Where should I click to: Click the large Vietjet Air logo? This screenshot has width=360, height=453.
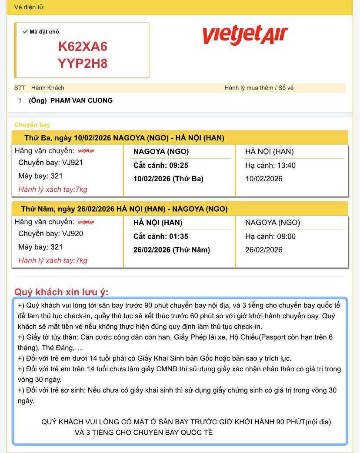tap(245, 35)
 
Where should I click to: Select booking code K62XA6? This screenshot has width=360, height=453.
tap(83, 47)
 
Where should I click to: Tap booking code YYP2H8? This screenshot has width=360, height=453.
tap(83, 63)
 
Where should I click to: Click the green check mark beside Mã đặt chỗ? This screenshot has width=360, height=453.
tap(25, 32)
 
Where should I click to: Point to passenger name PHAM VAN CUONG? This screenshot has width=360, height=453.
tap(81, 100)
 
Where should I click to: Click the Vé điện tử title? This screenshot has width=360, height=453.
tap(29, 7)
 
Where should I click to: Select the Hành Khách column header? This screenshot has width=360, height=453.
tap(47, 88)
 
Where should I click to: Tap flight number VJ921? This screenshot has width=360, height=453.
tap(72, 163)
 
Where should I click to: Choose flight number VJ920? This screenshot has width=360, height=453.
tap(72, 233)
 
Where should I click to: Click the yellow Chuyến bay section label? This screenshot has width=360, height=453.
tap(32, 125)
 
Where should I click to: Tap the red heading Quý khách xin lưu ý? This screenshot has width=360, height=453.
tap(61, 292)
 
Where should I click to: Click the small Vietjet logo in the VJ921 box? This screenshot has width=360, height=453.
tap(86, 151)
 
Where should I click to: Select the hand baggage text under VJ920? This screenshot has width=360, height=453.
tap(53, 260)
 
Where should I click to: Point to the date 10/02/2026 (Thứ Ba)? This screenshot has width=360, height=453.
tap(168, 179)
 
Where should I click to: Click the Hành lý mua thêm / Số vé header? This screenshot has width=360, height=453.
tap(259, 88)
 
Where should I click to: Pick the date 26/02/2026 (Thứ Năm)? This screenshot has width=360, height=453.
tap(171, 250)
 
